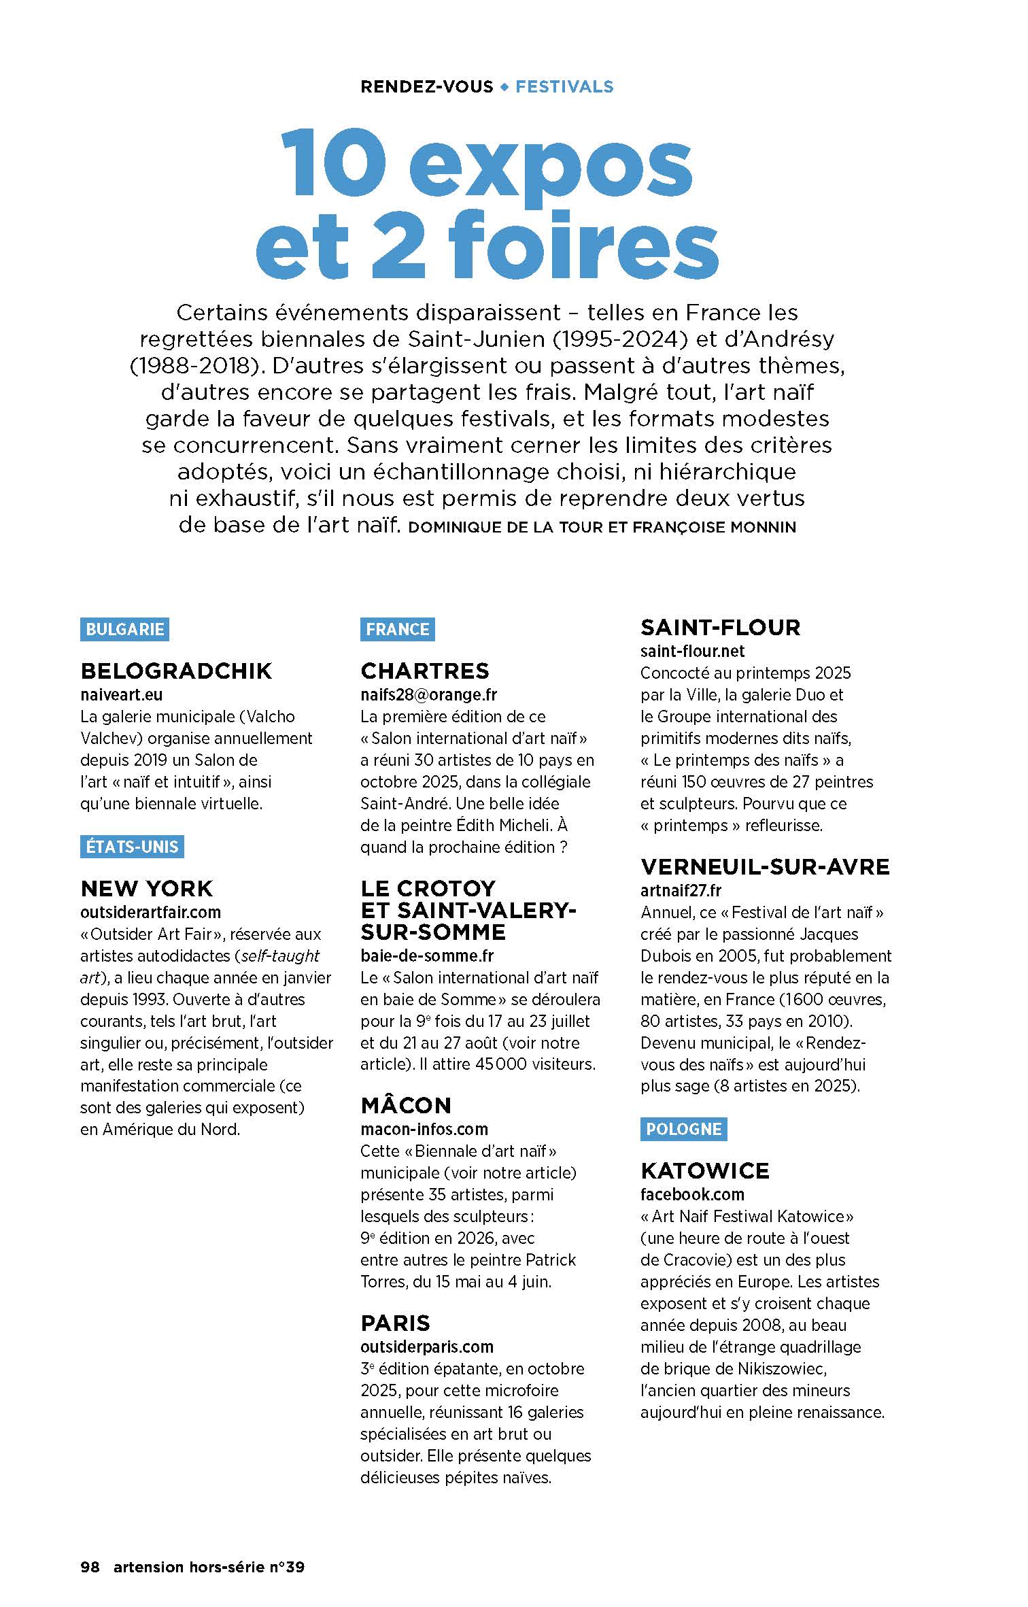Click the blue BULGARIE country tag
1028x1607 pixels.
[124, 629]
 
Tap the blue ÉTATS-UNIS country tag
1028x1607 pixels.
[132, 847]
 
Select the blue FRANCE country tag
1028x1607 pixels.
[397, 629]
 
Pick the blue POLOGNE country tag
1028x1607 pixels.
[683, 1129]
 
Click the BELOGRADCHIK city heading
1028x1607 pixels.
[176, 671]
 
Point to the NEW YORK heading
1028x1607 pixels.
[147, 889]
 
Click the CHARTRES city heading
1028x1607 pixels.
[425, 671]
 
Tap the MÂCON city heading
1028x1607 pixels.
[406, 1106]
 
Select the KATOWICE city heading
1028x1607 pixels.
[705, 1171]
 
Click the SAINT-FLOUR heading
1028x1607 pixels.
[721, 628]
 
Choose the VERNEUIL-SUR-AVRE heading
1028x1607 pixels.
[765, 867]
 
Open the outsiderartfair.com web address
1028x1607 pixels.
[150, 912]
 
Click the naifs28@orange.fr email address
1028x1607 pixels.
[428, 694]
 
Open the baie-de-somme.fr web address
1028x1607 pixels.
[427, 955]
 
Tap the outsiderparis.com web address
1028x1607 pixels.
[427, 1347]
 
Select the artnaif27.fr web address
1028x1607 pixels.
[681, 890]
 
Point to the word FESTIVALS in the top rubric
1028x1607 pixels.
[564, 87]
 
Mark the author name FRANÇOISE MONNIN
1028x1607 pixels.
[714, 528]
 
